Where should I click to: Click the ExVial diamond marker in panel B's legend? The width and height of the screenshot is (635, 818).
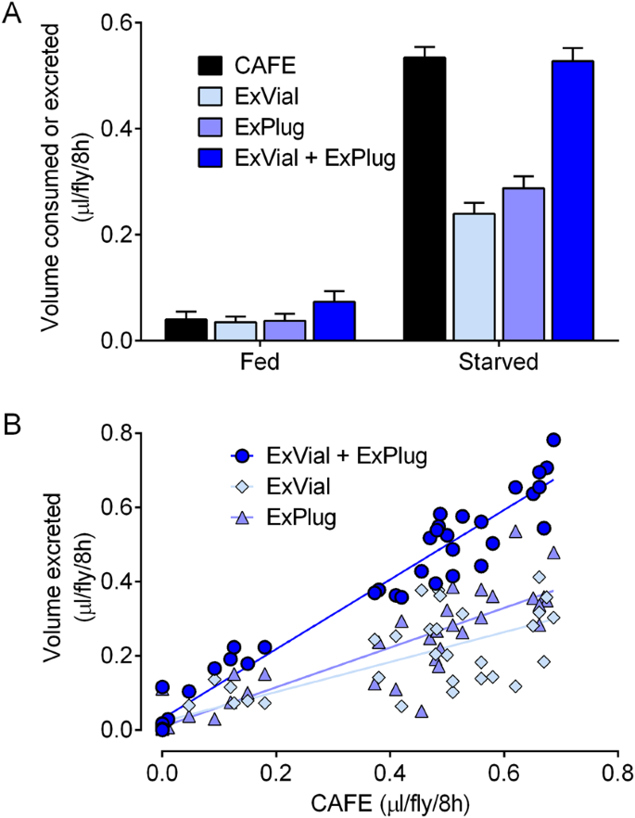click(x=242, y=486)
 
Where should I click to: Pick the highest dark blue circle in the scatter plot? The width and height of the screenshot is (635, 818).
click(x=553, y=440)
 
